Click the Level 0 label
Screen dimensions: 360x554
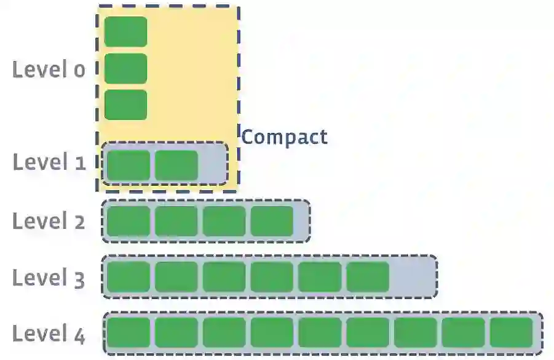[49, 70]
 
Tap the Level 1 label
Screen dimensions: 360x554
[49, 162]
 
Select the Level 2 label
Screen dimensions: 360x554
[49, 220]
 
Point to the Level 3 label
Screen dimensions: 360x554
[49, 278]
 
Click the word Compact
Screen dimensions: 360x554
[284, 137]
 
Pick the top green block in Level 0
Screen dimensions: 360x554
[125, 31]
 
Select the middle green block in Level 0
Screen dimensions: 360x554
[125, 68]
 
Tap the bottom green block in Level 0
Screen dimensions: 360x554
[125, 105]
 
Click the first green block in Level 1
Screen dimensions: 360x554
[129, 165]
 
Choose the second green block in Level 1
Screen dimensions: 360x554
[176, 165]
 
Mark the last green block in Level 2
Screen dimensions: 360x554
[272, 221]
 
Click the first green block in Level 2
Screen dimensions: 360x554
[129, 221]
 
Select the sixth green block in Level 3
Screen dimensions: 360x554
[368, 277]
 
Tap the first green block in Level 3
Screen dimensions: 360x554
[129, 277]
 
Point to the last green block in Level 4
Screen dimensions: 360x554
[512, 333]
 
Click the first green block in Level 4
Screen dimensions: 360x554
[129, 333]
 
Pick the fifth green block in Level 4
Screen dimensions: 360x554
[320, 333]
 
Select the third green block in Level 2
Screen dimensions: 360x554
[224, 221]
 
